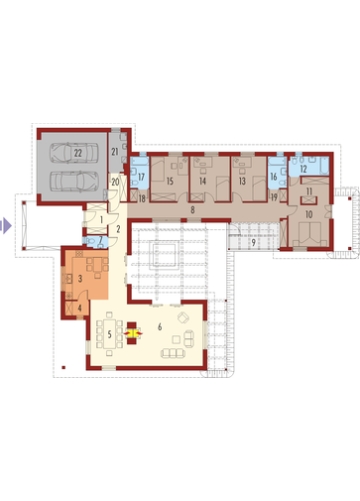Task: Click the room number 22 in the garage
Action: pos(78,153)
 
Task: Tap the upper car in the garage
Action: pos(74,153)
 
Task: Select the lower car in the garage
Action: pos(74,181)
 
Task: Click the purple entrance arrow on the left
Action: pos(6,226)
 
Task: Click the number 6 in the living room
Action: pos(160,327)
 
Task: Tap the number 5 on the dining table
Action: pos(110,334)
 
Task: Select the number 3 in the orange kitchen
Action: pos(80,279)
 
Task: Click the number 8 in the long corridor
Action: pos(192,209)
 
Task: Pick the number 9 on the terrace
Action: pos(253,242)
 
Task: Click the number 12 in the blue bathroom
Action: pos(303,169)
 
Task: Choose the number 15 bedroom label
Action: pos(170,181)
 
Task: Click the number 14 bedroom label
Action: pos(202,181)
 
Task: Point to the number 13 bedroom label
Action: pos(242,181)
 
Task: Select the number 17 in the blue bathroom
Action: pos(142,177)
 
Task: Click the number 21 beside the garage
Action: pos(115,152)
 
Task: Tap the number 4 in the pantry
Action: pos(79,309)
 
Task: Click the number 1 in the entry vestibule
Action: pos(101,219)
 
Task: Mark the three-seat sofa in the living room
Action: pos(173,353)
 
